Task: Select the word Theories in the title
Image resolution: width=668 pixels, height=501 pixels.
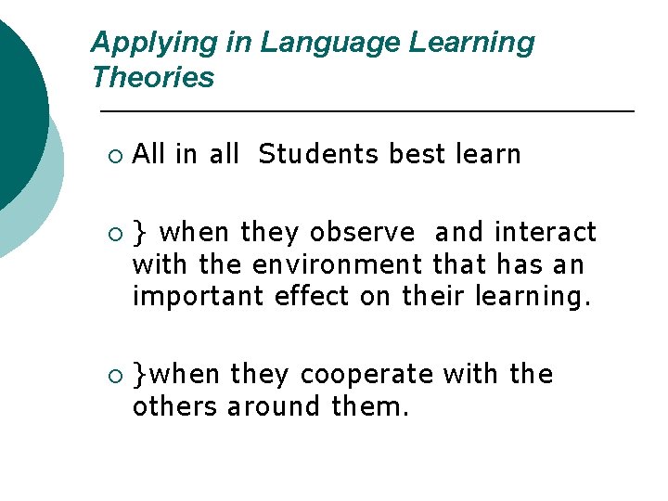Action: (x=153, y=78)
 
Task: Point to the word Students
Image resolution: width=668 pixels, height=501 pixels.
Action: (x=319, y=154)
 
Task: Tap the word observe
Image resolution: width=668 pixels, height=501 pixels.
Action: (x=363, y=232)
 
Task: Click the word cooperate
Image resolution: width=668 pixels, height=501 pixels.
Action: (x=367, y=374)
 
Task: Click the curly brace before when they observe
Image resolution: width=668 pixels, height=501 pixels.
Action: (x=138, y=233)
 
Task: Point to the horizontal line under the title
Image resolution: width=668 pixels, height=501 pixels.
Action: (x=366, y=111)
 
